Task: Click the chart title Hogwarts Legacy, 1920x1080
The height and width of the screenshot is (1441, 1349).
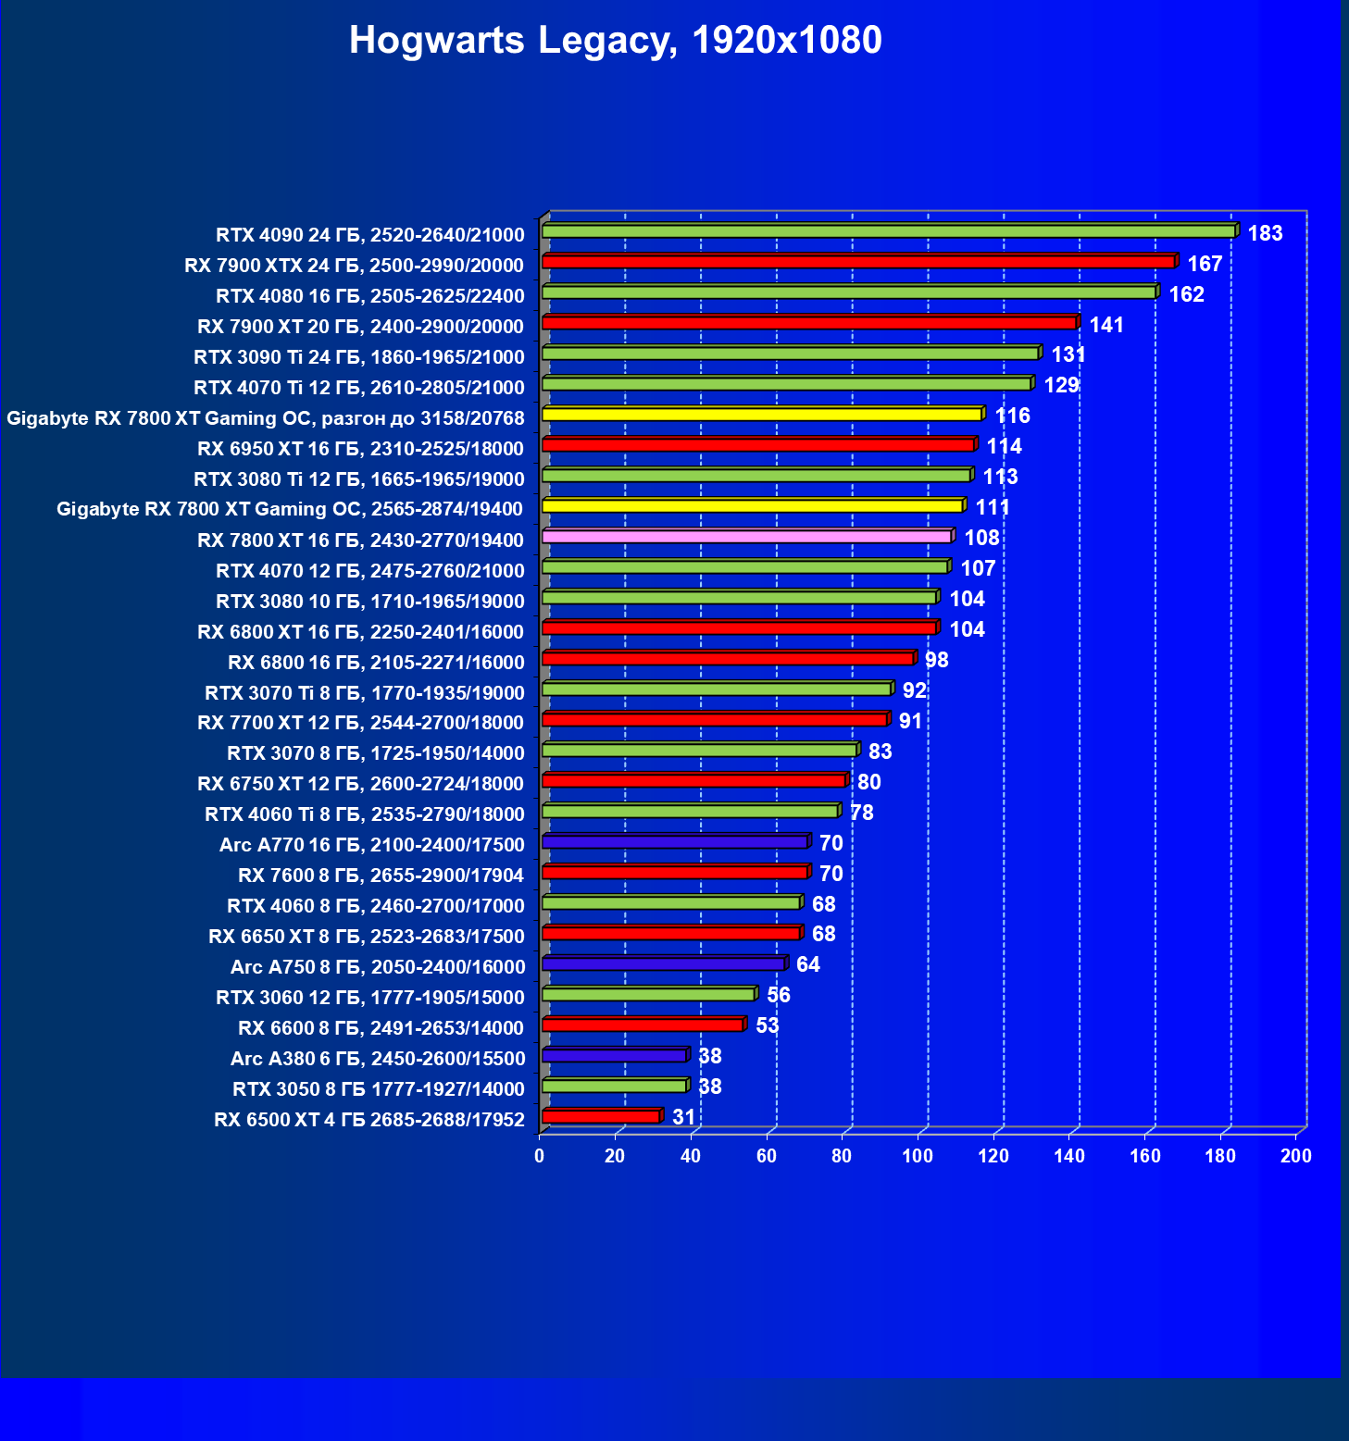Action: coord(615,41)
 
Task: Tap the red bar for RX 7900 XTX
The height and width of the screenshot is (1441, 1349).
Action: coord(857,262)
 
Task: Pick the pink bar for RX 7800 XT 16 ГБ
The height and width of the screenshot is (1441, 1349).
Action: coord(746,537)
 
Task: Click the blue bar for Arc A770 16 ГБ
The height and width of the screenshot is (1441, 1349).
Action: coord(674,842)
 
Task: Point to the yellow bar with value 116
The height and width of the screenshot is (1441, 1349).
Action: coord(761,415)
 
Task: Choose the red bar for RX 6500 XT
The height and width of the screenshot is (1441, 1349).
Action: coord(600,1117)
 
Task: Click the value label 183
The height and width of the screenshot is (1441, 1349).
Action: coord(1265,233)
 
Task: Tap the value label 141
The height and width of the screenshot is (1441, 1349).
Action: coord(1106,325)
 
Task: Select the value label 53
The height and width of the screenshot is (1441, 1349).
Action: coord(768,1025)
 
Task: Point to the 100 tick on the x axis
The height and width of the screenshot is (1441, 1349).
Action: coord(918,1156)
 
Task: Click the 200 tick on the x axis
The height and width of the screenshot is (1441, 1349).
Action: coord(1296,1156)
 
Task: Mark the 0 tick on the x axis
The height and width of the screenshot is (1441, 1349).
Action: coord(540,1156)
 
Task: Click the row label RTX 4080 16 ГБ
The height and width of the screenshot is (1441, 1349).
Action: coord(369,296)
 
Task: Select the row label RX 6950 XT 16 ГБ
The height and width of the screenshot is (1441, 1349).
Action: coord(360,449)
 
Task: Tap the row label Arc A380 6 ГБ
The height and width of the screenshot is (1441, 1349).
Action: coord(378,1059)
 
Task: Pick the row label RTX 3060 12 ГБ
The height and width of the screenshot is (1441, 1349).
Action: coord(369,998)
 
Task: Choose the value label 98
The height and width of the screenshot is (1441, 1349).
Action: coord(936,660)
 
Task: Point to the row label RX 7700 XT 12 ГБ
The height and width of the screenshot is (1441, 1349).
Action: coord(360,723)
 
